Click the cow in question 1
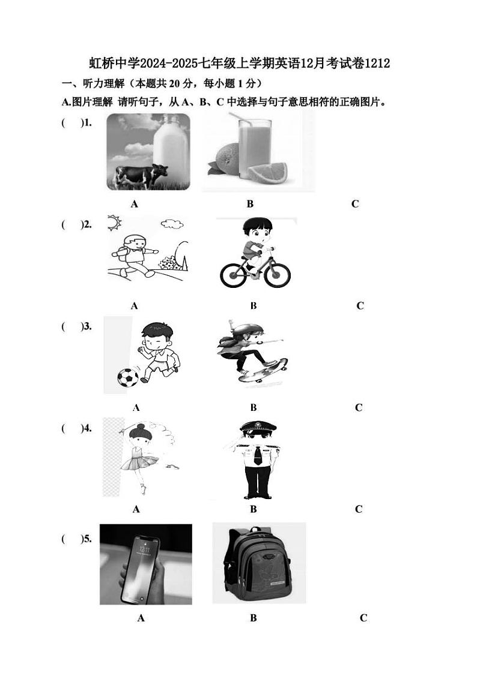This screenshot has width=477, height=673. (141, 176)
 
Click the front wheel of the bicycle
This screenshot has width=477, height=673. (277, 274)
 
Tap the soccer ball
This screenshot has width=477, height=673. (128, 378)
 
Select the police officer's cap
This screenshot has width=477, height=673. (258, 427)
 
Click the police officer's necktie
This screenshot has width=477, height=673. (257, 455)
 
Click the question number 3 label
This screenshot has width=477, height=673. (86, 326)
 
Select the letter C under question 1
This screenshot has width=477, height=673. (354, 204)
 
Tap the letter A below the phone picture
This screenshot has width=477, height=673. (141, 618)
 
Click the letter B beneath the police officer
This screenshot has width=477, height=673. (254, 509)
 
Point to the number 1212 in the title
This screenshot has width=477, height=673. (377, 64)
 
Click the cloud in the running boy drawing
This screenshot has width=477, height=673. (171, 224)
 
